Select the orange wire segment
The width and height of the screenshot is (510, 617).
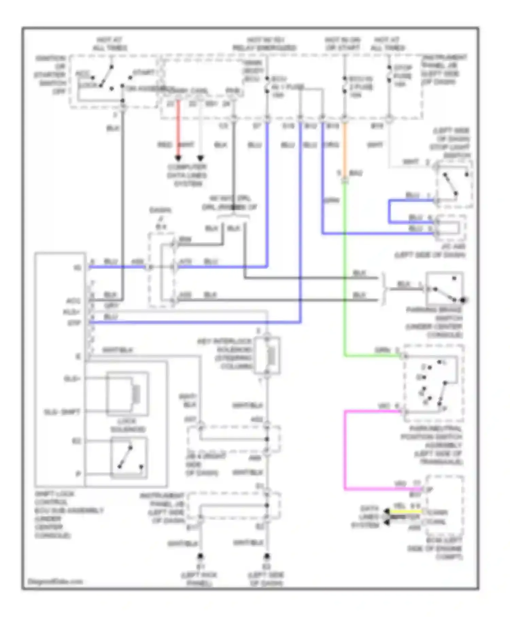344,146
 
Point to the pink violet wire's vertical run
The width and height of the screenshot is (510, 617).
345,449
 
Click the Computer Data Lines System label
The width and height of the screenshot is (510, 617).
187,175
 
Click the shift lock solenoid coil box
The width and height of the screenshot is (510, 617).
128,394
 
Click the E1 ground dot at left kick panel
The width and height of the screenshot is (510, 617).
200,556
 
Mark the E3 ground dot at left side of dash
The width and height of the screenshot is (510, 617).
267,556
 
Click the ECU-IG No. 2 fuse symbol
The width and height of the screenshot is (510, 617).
344,85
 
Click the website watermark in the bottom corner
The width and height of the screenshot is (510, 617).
55,581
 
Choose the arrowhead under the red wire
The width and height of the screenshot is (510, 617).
178,158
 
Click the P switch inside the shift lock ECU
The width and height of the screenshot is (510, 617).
129,457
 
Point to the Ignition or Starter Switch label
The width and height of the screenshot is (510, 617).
51,75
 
